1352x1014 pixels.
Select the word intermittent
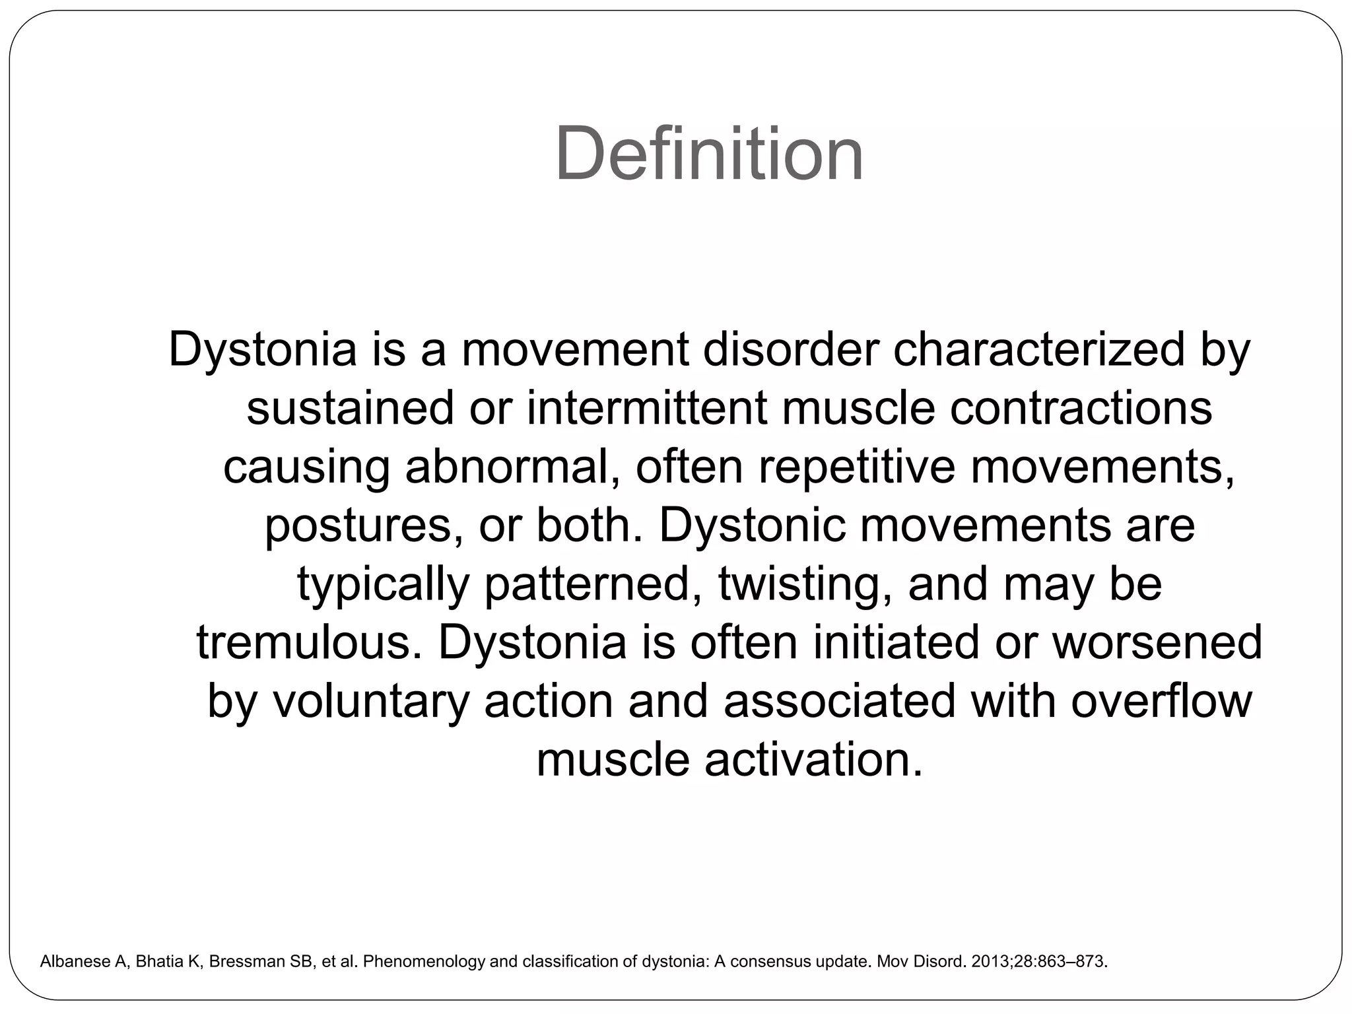(647, 408)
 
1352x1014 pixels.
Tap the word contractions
(1081, 408)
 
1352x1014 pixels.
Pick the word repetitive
(857, 466)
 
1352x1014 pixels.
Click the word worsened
(1157, 642)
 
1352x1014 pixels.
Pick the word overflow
(1161, 700)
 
